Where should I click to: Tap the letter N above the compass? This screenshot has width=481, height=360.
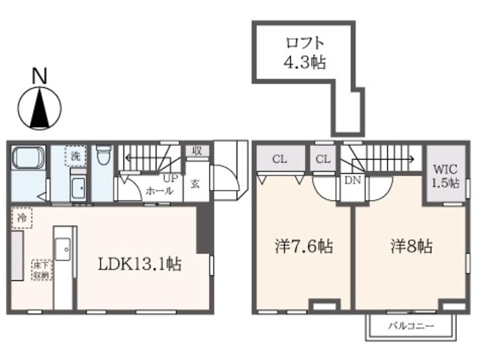39,75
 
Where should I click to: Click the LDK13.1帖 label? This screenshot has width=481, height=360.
141,264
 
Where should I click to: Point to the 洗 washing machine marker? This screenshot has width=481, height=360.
75,156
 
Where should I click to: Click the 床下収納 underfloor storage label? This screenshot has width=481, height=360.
40,270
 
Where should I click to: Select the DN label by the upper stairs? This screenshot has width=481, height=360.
352,181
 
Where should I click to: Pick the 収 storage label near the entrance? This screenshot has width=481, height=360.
198,150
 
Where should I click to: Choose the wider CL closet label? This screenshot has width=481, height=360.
279,159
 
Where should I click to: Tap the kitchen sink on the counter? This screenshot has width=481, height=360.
63,247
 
